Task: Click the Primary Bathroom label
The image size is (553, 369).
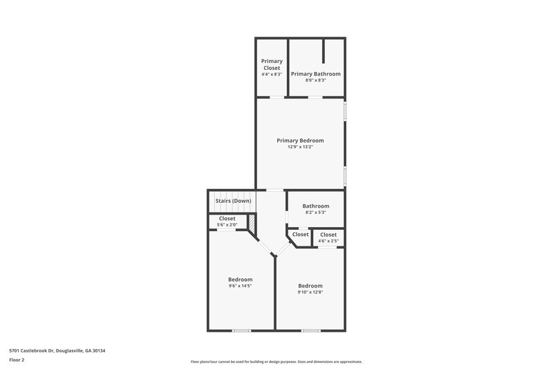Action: coord(315,73)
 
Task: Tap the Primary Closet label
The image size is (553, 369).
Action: coord(272,64)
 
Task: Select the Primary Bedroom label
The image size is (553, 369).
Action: coord(300,141)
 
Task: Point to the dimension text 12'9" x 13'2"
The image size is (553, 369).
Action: coord(300,147)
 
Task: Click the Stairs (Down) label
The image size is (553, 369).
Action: coord(233,201)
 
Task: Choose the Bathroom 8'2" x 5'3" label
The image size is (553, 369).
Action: coord(315,206)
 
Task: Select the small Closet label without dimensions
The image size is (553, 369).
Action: coord(301,235)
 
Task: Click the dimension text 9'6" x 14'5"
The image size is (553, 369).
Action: coord(240,286)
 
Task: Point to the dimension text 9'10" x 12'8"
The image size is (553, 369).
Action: coord(310,292)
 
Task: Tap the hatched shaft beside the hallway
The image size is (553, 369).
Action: coord(252,223)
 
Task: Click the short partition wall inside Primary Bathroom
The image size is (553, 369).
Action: coord(324,51)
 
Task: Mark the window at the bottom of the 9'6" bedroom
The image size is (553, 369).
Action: coord(241,330)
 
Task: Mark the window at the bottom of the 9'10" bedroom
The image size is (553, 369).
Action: coord(311,330)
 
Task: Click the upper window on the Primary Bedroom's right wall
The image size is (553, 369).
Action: coord(345,113)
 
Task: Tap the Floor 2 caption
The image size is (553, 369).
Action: coord(17,360)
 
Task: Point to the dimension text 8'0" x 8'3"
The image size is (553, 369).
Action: coord(315,80)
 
